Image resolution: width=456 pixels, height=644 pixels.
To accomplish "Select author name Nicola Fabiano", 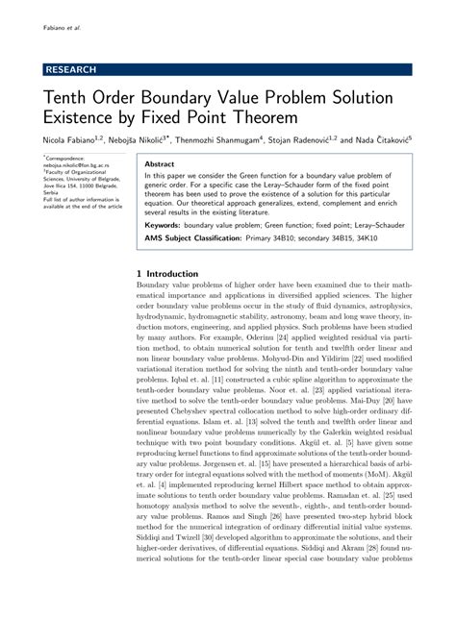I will [73, 140].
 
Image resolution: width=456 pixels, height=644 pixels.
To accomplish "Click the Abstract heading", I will [159, 164].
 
